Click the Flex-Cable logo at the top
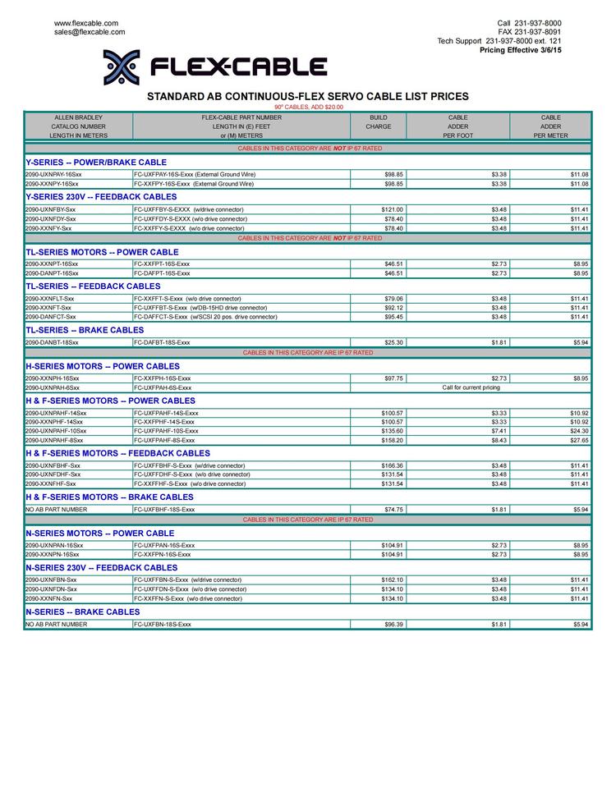[215, 66]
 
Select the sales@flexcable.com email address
[90, 32]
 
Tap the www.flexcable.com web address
[86, 23]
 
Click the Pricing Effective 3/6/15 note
[521, 50]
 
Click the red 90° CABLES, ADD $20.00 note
[309, 107]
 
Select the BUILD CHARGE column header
[379, 122]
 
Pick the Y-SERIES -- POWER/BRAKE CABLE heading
[96, 163]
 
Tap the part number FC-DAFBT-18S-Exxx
[162, 342]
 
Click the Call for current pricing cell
[471, 387]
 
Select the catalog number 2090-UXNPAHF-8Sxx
[56, 440]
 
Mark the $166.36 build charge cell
[392, 465]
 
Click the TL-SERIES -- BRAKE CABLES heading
[85, 330]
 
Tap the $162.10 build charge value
[392, 579]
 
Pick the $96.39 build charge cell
[393, 625]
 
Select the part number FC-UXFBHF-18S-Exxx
[164, 510]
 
